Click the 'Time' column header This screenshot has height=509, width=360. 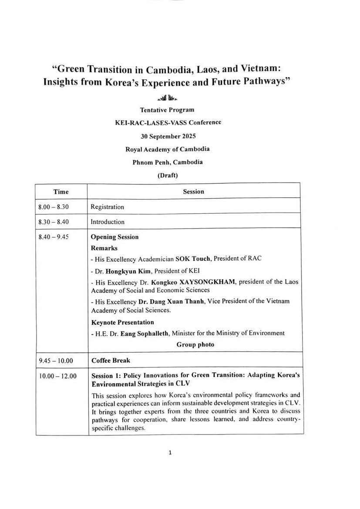pyautogui.click(x=61, y=192)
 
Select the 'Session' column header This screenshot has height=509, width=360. pyautogui.click(x=193, y=192)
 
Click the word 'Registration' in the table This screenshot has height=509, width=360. pyautogui.click(x=107, y=207)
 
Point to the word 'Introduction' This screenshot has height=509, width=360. pyautogui.click(x=108, y=222)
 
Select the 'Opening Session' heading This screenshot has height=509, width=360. pyautogui.click(x=114, y=237)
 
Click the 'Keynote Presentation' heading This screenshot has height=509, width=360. pyautogui.click(x=122, y=323)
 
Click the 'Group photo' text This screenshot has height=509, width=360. pyautogui.click(x=195, y=344)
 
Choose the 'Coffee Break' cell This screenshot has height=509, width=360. pyautogui.click(x=111, y=361)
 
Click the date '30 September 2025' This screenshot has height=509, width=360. pyautogui.click(x=167, y=135)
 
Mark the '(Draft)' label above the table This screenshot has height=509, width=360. pyautogui.click(x=167, y=175)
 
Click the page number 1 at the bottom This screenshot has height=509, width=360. pyautogui.click(x=170, y=452)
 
